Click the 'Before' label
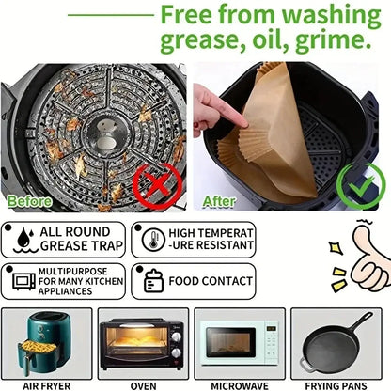tap(30, 201)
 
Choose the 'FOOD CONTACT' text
tap(212, 281)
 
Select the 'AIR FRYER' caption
tap(47, 383)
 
